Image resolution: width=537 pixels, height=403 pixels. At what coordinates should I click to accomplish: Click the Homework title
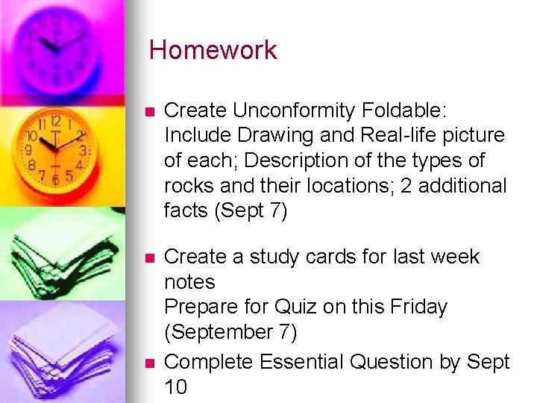point(213,51)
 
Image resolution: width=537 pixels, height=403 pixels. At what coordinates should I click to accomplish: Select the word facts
point(186,211)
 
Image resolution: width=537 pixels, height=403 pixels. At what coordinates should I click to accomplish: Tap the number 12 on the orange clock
point(56,119)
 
